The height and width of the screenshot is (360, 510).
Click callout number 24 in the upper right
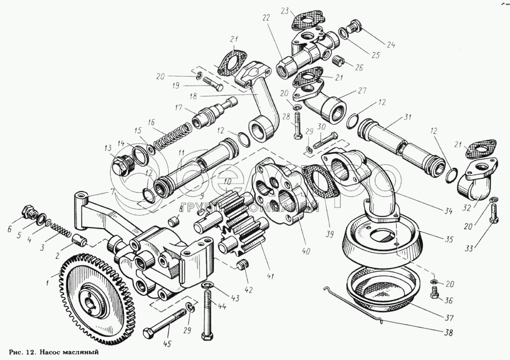(x=390, y=44)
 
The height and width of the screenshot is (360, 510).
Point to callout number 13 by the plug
(x=108, y=147)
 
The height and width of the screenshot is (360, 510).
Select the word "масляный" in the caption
(x=80, y=352)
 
